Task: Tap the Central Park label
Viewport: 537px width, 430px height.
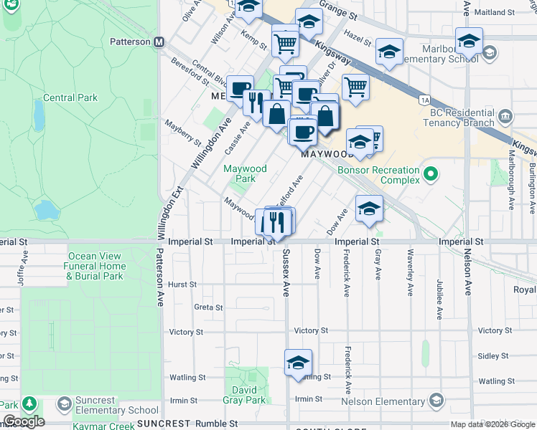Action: (70, 97)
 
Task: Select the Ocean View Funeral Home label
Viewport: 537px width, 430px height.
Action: (97, 266)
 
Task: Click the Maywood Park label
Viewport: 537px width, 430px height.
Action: (245, 173)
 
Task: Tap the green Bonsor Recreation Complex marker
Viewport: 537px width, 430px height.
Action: (431, 173)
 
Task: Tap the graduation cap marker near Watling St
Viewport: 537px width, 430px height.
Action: (298, 363)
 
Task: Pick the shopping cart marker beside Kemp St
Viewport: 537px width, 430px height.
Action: (286, 44)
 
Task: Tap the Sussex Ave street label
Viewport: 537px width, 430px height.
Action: (286, 273)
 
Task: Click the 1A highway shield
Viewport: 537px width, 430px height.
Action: (425, 100)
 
